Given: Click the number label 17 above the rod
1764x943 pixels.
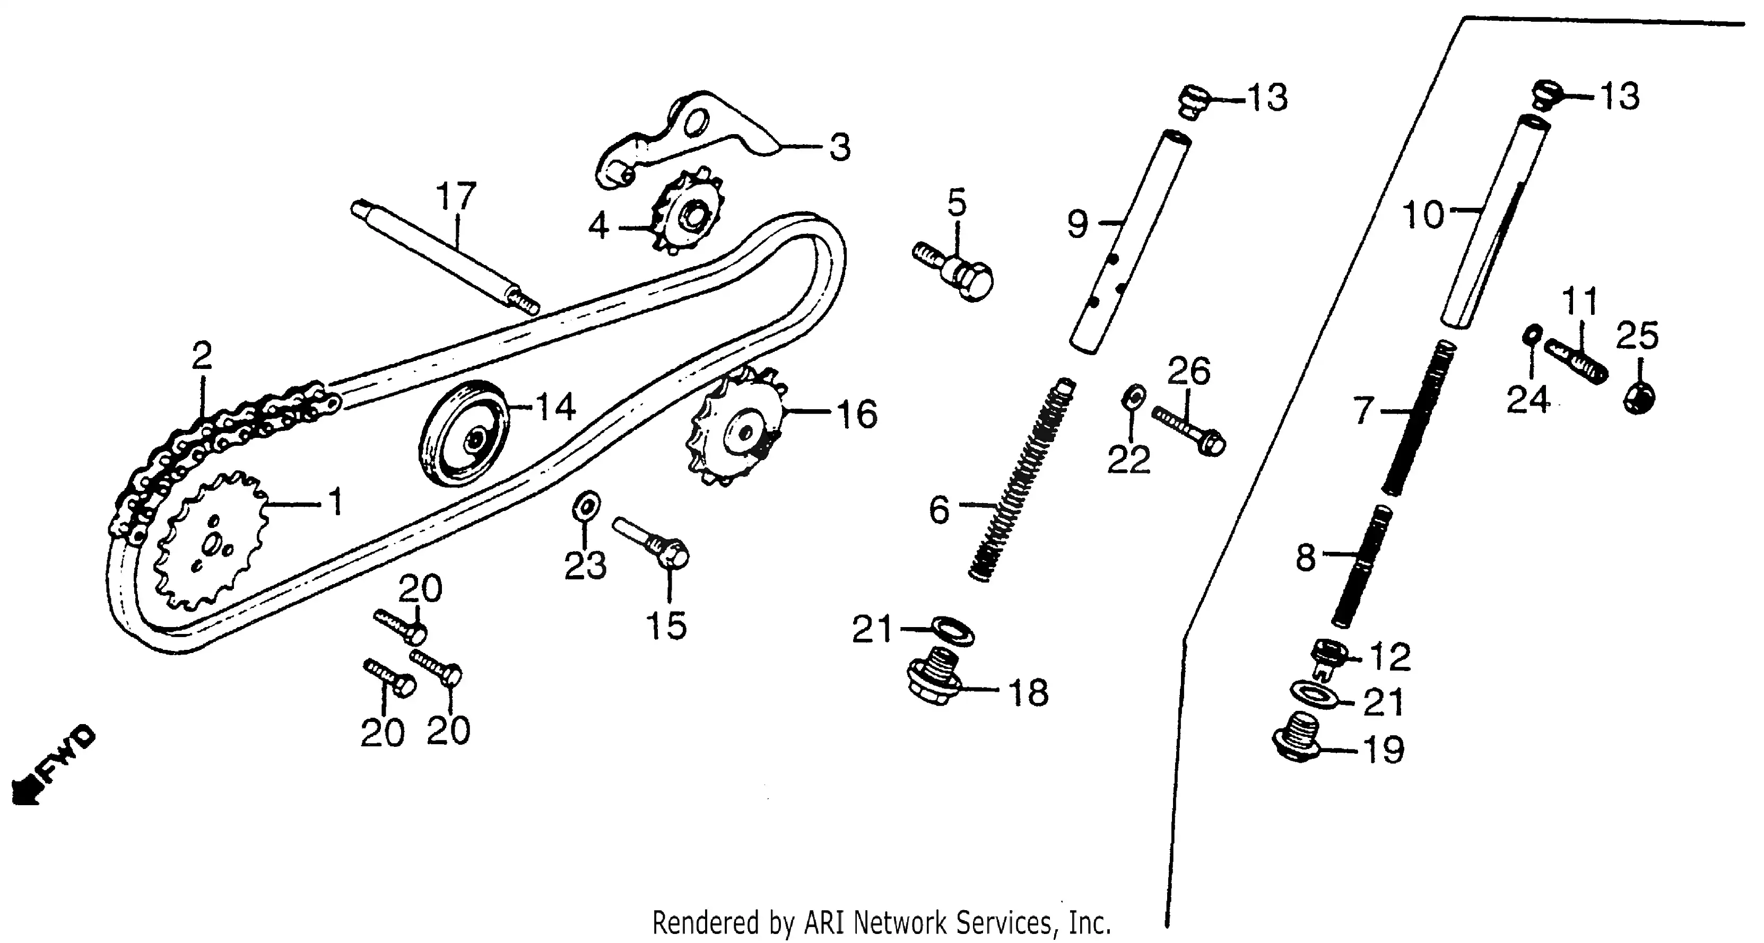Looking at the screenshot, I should (x=456, y=197).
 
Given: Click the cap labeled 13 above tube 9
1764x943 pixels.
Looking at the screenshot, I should (x=1192, y=101).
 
